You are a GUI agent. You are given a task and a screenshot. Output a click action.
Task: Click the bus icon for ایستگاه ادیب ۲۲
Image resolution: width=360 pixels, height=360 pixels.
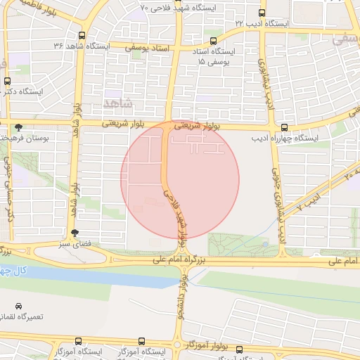click(x=262, y=13)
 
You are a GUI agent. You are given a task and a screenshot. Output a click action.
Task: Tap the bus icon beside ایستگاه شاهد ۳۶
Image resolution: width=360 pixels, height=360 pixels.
click(x=82, y=35)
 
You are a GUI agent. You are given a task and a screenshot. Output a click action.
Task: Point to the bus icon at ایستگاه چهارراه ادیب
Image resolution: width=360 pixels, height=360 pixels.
click(x=284, y=128)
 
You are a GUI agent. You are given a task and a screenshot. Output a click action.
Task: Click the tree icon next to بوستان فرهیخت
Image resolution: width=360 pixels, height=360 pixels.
click(x=18, y=127)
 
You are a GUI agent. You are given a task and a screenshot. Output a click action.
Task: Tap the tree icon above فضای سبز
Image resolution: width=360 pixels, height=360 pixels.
click(x=75, y=233)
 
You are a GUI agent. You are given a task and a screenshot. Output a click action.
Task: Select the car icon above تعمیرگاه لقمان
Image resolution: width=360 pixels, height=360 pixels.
click(x=18, y=307)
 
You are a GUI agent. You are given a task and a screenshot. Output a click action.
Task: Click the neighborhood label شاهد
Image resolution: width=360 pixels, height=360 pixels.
click(x=117, y=103)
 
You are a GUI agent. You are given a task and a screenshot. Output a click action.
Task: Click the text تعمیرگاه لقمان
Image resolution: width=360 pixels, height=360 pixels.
click(x=22, y=318)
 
